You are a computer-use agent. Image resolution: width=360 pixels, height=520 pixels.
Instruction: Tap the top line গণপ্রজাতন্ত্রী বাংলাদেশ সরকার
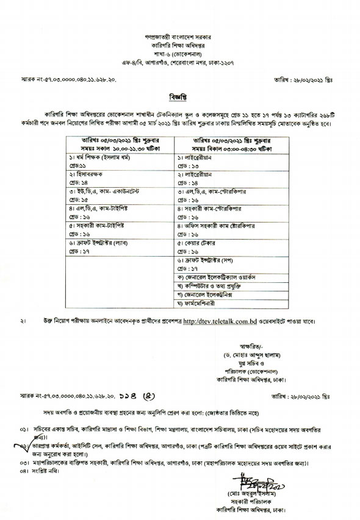point(179,37)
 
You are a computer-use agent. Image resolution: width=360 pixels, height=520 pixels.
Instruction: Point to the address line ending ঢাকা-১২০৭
point(179,63)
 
